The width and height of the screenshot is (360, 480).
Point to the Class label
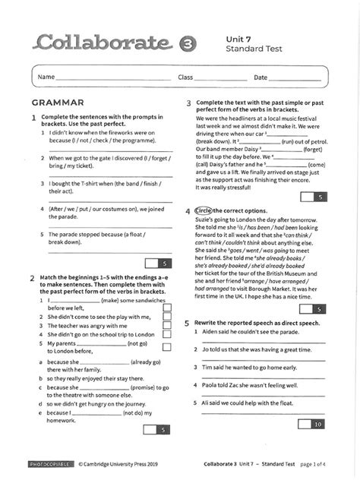coord(185,78)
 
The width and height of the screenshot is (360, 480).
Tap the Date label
coord(261,78)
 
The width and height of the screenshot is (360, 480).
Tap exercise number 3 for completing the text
coord(188,103)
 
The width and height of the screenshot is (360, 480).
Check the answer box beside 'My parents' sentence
coord(166,346)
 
